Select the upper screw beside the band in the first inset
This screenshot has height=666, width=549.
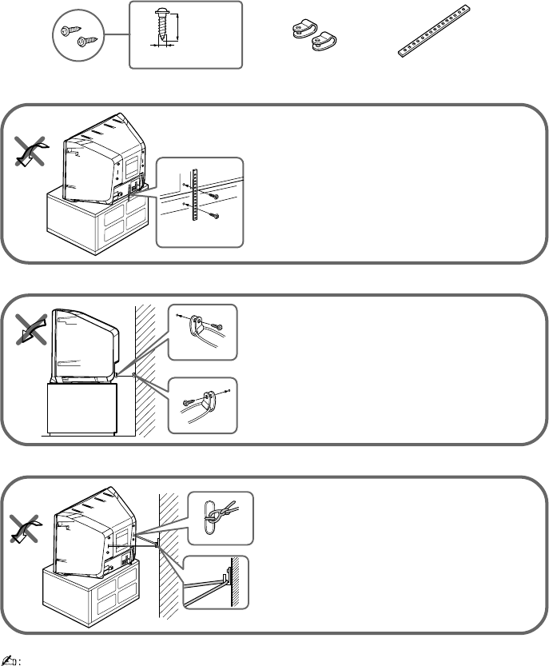click(212, 196)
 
